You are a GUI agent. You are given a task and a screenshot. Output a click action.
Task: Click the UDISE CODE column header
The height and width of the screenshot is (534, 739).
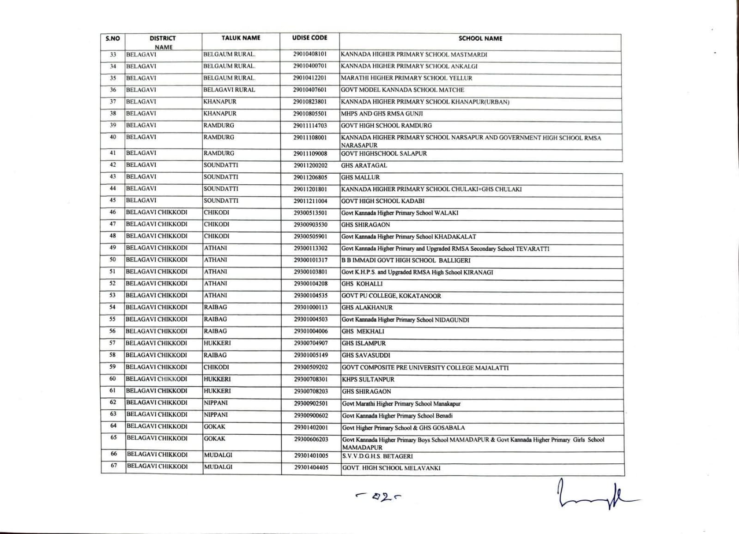coord(309,38)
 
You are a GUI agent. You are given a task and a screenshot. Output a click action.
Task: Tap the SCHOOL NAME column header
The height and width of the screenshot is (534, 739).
coord(480,39)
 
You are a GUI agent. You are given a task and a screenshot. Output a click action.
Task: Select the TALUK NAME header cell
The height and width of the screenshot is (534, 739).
coord(241,38)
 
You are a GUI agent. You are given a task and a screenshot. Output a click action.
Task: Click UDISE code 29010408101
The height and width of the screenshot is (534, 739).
coord(309,54)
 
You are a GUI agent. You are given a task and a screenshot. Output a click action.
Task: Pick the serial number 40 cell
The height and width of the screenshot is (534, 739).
coord(113,137)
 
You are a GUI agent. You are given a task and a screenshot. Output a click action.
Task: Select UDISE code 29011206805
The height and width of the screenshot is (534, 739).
coord(310,177)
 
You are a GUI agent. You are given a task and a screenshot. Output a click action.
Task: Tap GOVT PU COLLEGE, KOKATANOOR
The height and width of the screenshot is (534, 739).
coord(391,296)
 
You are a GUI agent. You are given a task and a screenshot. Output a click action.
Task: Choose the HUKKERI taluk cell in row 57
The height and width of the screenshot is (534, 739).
coord(217,343)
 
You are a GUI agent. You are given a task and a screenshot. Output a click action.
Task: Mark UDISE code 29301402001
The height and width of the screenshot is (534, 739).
coord(311,427)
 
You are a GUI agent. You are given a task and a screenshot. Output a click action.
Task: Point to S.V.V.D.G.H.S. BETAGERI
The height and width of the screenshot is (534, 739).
coord(377,456)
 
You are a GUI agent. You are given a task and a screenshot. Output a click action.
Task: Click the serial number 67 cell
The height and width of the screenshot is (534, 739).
coord(114,466)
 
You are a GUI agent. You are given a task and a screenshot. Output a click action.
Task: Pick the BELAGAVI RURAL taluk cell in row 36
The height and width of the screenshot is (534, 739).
coord(229,90)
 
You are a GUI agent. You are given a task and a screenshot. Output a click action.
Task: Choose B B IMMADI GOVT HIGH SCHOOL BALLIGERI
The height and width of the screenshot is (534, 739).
coord(406,260)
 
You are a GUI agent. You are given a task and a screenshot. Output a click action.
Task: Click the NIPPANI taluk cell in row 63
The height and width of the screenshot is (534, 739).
coord(216,415)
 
